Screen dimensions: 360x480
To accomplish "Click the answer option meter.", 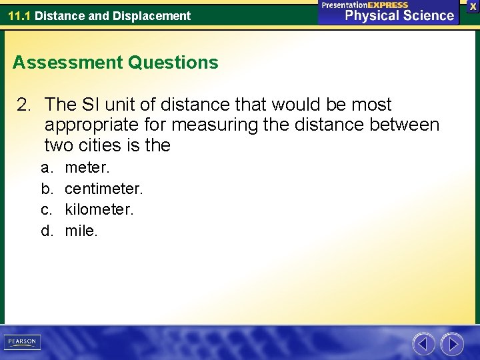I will pos(87,167).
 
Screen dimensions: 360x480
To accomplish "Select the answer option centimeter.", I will pos(103,189).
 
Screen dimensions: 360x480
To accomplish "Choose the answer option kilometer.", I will pos(99,210).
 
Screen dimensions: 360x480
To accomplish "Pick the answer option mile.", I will pos(81,231).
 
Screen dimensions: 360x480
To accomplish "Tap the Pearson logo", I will pos(22,342).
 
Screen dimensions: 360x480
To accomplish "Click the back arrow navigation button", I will pos(423,344).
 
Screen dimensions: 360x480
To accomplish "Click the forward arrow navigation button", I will pos(452,344).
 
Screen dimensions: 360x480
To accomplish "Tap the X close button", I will pos(473,6).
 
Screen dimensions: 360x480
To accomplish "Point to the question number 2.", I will pos(24,105).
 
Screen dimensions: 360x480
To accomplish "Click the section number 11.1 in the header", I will pos(19,15).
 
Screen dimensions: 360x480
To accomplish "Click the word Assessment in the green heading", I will pos(67,63).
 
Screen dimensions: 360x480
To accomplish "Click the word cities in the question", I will pos(99,145).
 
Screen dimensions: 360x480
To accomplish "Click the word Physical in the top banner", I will pos(368,15).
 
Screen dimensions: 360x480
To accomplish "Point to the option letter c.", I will pos(46,210).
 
